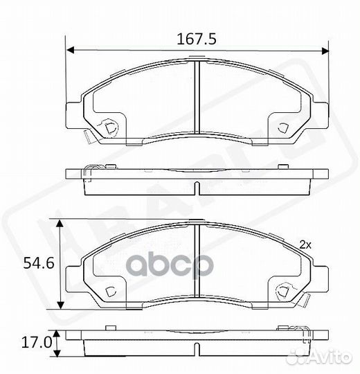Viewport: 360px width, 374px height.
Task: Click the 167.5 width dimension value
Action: click(x=197, y=39)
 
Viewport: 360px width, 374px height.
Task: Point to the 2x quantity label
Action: click(x=305, y=244)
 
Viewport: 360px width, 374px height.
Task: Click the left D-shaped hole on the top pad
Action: click(x=110, y=127)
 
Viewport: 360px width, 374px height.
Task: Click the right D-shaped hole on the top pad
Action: click(x=284, y=127)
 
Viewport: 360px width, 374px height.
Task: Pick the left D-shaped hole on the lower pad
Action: click(x=110, y=290)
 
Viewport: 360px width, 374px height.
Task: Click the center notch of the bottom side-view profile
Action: click(x=197, y=349)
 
